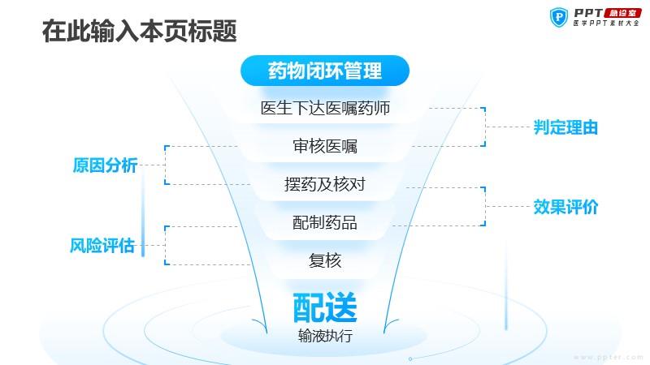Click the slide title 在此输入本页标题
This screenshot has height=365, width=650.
139,31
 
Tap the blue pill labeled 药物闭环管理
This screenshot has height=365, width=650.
325,71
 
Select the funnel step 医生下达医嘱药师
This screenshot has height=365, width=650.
325,108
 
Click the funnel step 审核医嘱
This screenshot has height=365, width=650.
325,146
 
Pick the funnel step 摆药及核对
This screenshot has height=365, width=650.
325,184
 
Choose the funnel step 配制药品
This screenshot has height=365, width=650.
325,222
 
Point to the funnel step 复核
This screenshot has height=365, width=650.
325,260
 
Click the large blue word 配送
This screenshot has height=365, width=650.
325,307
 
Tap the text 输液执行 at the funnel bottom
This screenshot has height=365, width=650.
325,336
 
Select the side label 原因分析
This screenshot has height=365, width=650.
106,165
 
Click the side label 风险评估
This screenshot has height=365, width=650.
102,246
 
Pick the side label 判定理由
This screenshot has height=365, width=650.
565,127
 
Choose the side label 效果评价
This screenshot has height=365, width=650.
565,207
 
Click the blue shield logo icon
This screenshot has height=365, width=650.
559,17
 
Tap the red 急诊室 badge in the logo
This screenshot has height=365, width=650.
622,13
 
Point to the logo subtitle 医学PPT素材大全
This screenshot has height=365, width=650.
606,24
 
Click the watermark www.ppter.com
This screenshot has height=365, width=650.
608,357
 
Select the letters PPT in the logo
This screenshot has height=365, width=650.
588,13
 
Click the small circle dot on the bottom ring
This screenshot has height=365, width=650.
410,359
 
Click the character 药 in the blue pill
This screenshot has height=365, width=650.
277,71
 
